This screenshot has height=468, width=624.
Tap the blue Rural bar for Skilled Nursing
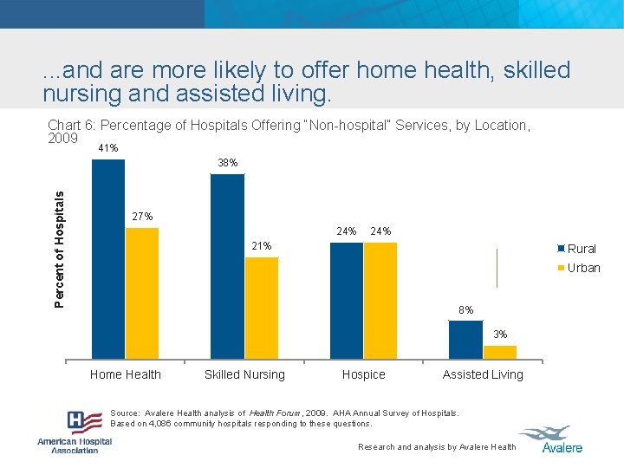(x=228, y=266)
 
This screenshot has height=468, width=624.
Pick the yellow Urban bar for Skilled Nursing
(x=262, y=308)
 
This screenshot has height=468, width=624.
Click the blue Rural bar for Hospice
(x=347, y=300)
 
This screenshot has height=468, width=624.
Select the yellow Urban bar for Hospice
(x=380, y=300)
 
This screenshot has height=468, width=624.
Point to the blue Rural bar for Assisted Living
(x=465, y=339)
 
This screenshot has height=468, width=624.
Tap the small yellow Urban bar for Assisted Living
(x=499, y=352)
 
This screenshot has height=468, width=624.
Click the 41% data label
(x=108, y=148)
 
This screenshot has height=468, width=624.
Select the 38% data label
(x=228, y=163)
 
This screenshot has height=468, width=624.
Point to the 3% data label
(x=500, y=335)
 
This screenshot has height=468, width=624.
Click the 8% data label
(x=466, y=310)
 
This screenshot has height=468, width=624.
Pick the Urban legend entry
(x=578, y=268)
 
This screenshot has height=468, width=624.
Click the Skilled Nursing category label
(x=244, y=374)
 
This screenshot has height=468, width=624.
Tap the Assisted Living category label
(x=483, y=374)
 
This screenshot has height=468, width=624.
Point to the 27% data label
(x=142, y=217)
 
